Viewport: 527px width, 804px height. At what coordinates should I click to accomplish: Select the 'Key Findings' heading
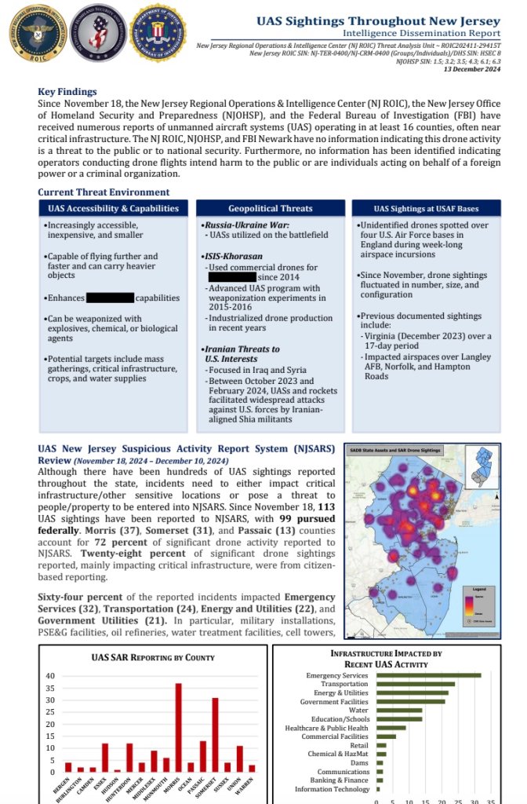(67, 92)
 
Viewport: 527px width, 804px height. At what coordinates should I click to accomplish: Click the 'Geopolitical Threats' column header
(270, 209)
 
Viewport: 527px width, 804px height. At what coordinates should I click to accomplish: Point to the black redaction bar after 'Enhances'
(110, 298)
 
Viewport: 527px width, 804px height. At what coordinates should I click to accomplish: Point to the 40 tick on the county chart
(50, 676)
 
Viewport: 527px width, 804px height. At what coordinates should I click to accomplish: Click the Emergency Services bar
(428, 674)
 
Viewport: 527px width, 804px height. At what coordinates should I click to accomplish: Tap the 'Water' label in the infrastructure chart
(357, 711)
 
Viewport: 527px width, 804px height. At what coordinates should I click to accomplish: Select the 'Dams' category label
(359, 762)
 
